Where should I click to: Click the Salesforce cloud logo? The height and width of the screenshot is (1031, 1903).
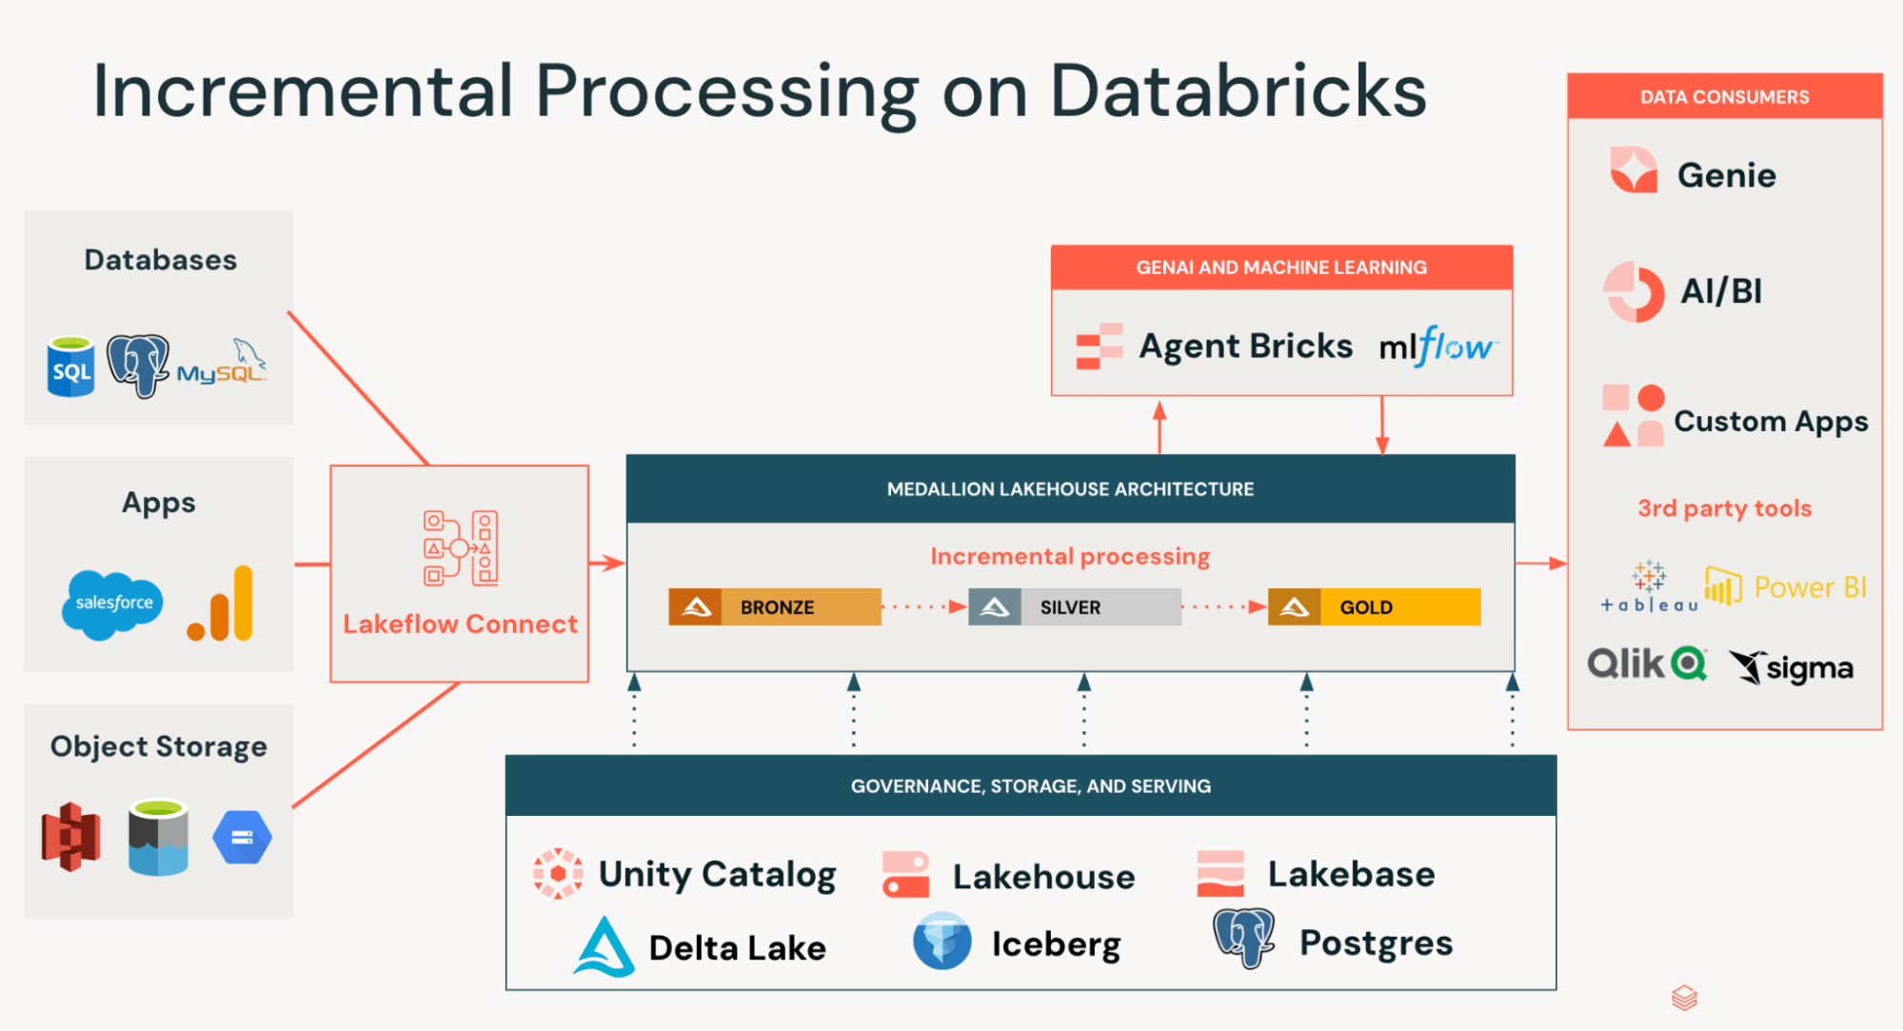[x=112, y=604]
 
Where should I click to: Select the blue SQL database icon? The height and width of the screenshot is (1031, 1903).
[x=71, y=367]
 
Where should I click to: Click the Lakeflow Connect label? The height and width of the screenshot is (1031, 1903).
[x=460, y=625]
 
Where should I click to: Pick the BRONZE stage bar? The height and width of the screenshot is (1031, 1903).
[x=775, y=607]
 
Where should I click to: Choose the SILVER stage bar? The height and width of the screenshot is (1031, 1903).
[x=1075, y=607]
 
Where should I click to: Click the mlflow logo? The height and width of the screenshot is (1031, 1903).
[x=1437, y=347]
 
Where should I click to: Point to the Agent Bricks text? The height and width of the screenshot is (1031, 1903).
[x=1245, y=347]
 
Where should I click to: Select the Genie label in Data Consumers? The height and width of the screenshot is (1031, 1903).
[x=1726, y=175]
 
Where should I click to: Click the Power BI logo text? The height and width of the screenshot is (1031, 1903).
[x=1809, y=587]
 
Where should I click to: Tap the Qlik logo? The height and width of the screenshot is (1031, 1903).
[x=1646, y=664]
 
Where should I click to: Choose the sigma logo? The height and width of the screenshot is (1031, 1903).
[x=1792, y=667]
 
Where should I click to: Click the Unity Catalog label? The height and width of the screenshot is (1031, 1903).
[x=717, y=874]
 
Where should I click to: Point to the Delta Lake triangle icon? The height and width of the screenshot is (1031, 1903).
[x=605, y=946]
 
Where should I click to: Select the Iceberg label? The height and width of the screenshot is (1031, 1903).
[x=1056, y=944]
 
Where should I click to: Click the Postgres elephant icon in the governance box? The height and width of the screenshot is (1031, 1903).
[x=1243, y=938]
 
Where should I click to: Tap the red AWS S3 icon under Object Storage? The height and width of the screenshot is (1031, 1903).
[x=71, y=837]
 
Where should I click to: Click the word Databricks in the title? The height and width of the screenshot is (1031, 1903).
[x=1238, y=92]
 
